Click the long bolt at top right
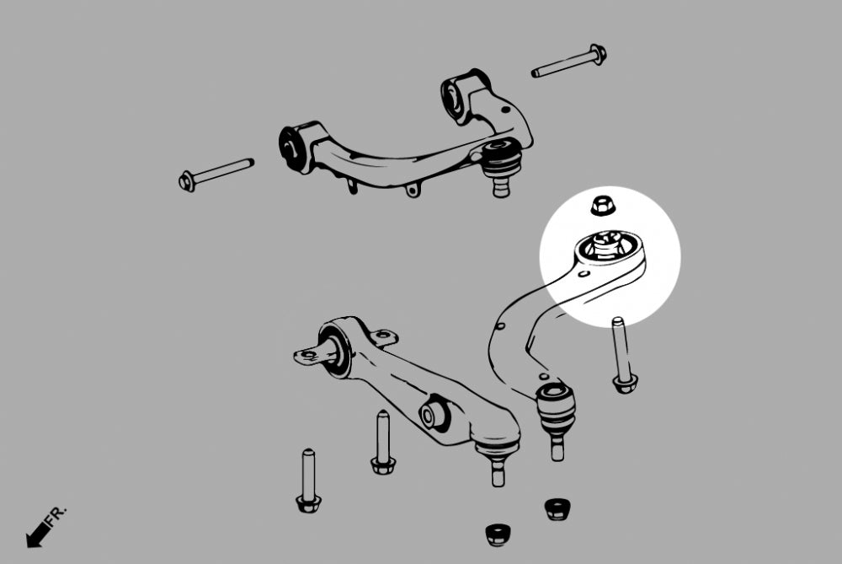[x=568, y=63]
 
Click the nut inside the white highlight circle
[x=601, y=205]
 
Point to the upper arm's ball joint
[x=502, y=164]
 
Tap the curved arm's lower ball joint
[x=556, y=407]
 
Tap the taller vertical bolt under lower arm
[x=382, y=441]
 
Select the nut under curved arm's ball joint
[x=557, y=508]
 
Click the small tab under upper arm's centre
[x=413, y=190]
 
